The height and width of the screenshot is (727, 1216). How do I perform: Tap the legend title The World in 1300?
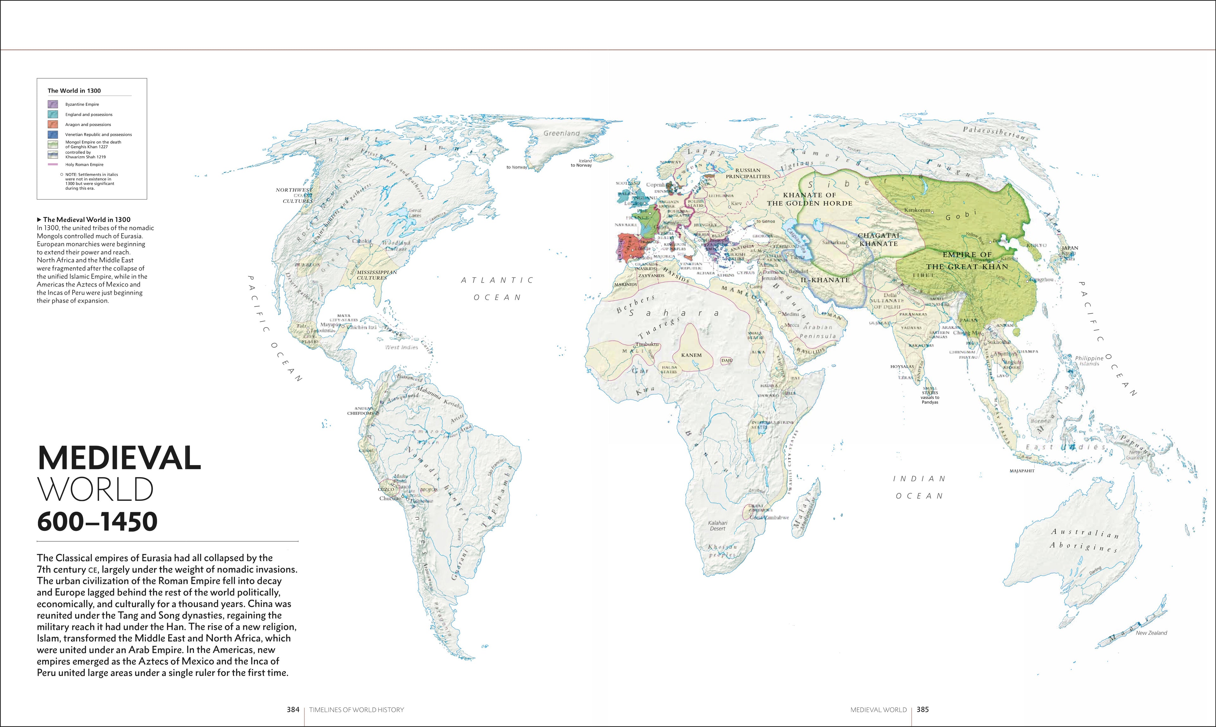74,91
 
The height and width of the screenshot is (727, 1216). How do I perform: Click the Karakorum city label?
917,210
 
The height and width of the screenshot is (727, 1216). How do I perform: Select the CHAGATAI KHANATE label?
878,239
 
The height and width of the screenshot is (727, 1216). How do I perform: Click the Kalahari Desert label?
718,526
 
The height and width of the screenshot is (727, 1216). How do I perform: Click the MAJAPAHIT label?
1022,471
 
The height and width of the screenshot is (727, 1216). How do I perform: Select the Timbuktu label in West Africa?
647,344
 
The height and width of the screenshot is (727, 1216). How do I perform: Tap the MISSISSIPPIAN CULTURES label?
376,275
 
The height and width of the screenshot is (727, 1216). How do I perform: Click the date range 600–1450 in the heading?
97,521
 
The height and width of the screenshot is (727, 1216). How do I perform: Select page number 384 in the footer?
293,709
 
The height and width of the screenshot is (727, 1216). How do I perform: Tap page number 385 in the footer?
923,709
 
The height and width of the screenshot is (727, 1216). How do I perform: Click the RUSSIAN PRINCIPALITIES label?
748,173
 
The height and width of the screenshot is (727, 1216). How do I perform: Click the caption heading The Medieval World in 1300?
86,220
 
